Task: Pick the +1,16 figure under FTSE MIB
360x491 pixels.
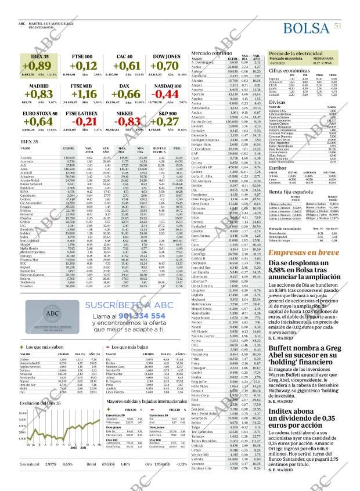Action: point(81,94)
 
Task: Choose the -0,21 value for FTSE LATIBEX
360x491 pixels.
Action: point(81,121)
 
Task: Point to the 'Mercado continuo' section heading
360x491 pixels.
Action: point(211,52)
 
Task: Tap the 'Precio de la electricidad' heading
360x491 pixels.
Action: point(294,53)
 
